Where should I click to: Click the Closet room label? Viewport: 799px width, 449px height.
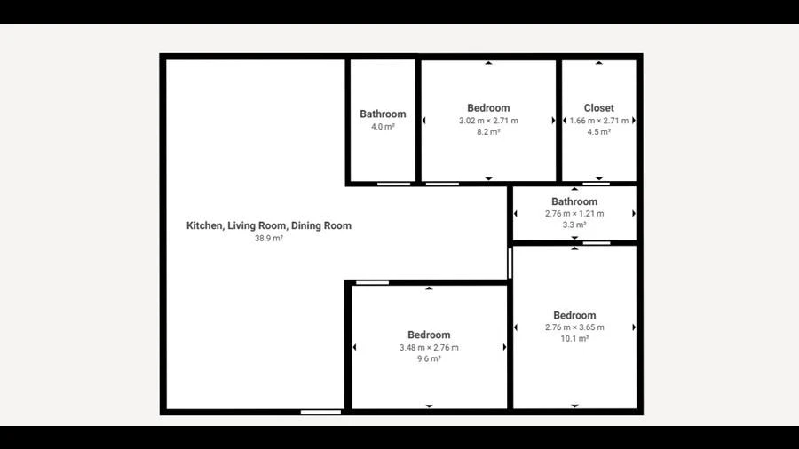(598, 108)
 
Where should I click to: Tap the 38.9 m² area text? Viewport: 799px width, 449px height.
(268, 238)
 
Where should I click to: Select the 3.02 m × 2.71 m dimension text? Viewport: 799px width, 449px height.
(488, 121)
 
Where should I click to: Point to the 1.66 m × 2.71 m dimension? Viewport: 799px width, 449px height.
(598, 121)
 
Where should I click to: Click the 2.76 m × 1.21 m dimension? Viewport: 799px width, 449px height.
(574, 213)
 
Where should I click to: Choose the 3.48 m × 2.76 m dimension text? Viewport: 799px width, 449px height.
(429, 348)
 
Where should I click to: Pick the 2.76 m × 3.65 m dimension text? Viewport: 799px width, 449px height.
(574, 327)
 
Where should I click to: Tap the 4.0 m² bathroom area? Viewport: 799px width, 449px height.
(383, 127)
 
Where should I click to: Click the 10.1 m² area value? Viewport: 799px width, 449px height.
(574, 339)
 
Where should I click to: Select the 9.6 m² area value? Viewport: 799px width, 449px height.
(429, 358)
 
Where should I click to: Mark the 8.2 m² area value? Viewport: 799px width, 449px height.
(488, 132)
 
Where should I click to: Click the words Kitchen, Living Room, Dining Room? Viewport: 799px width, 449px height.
(268, 225)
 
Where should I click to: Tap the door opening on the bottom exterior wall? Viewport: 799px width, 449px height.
(320, 413)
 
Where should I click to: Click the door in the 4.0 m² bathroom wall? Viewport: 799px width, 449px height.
(393, 184)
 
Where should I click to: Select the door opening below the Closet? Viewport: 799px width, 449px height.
(597, 184)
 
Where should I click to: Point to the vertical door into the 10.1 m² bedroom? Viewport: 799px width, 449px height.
(510, 264)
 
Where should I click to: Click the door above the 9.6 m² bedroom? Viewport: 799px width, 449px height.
(372, 282)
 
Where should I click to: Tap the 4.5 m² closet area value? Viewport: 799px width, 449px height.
(598, 132)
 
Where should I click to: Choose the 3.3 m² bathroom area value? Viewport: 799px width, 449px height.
(574, 224)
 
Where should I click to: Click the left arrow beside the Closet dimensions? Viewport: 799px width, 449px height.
(565, 121)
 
